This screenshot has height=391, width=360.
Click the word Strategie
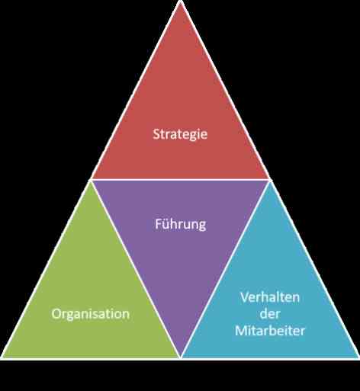pos(180,134)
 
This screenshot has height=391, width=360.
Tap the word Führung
pos(181,224)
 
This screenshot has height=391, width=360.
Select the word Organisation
pos(91,313)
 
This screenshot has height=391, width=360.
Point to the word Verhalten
pos(270,297)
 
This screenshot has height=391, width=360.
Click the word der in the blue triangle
pos(270,314)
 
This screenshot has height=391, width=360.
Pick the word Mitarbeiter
pos(270,331)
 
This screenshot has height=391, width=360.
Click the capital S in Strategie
pos(156,134)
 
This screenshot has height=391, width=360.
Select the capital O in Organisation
pos(56,314)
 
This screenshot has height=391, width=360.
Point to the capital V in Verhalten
pos(245,297)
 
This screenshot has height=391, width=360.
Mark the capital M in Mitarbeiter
pos(241,331)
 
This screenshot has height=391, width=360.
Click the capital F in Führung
pos(158,224)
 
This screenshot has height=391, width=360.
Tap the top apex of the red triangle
pos(180,1)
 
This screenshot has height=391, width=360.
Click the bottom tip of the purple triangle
pos(181,357)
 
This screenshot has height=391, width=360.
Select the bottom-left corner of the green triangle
pos(2,357)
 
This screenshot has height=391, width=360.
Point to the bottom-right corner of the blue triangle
pos(358,357)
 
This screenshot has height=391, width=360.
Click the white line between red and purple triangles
pos(180,180)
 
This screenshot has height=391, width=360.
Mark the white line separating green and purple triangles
pos(136,268)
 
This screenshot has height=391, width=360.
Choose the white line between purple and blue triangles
pos(225,268)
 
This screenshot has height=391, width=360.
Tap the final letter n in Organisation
pos(126,315)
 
